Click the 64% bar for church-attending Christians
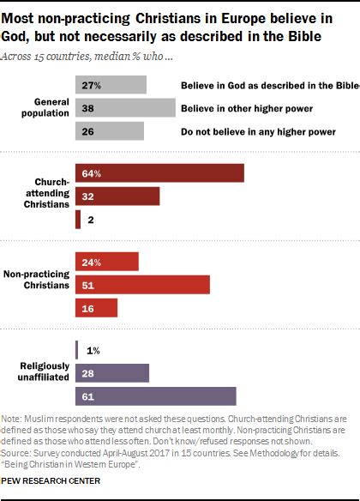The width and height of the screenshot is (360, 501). [x=159, y=173]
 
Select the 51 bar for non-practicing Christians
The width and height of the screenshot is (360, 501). [x=142, y=284]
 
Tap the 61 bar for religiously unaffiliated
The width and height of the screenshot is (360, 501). [x=155, y=395]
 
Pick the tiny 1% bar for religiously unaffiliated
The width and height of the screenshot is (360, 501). [x=77, y=349]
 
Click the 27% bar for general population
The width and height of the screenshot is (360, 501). [x=111, y=85]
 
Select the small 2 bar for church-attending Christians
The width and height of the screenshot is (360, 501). [x=78, y=220]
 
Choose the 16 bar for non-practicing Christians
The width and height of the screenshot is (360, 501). [x=96, y=307]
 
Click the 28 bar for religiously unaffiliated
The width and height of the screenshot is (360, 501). [x=112, y=372]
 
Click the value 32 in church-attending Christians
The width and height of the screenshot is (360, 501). [x=87, y=196]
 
